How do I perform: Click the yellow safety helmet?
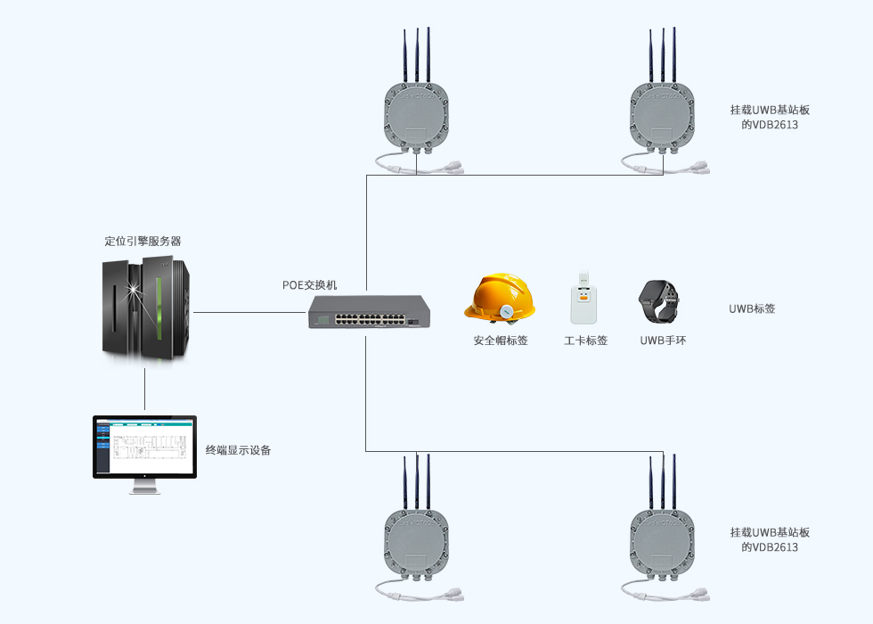[x=500, y=299]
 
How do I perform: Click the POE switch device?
[x=369, y=313]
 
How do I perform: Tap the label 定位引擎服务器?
[x=143, y=241]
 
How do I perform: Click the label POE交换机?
[x=310, y=285]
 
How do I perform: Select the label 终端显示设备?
[x=238, y=450]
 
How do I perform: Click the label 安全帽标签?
[x=501, y=341]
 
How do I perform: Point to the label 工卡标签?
[x=585, y=341]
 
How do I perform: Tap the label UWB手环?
[x=663, y=341]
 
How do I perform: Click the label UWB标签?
[x=752, y=309]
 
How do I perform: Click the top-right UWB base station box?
[x=661, y=116]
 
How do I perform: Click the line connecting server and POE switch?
[x=249, y=313]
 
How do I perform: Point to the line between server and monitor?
[x=144, y=388]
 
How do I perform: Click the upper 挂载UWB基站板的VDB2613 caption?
[x=770, y=117]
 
